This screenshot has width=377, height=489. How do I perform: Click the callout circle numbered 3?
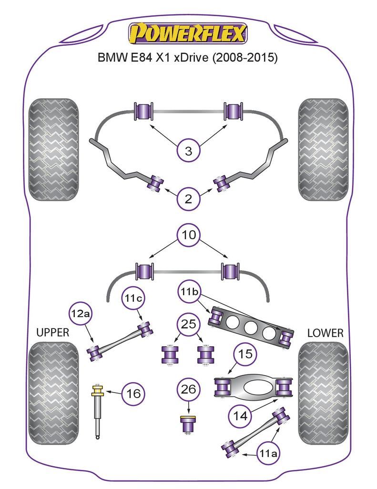(189, 152)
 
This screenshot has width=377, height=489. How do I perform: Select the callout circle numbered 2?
(189, 199)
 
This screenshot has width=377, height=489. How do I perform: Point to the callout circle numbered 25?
(189, 326)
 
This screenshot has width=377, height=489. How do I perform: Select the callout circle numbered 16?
(134, 393)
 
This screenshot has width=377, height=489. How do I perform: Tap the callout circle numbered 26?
(189, 390)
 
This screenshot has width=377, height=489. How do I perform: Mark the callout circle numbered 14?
(241, 415)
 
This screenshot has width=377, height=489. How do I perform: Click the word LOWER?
(325, 333)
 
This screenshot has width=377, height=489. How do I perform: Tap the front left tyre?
(53, 149)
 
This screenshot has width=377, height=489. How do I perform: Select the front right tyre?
(323, 149)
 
